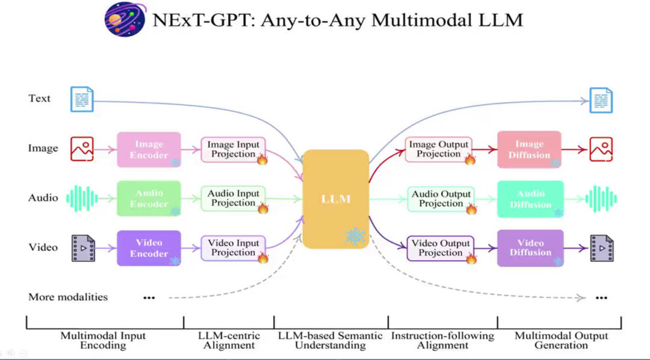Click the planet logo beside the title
(124, 19)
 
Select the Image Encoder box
(149, 149)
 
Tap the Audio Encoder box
(149, 198)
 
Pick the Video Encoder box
(149, 248)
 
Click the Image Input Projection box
(234, 149)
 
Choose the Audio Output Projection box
(441, 199)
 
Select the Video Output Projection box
(441, 248)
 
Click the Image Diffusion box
(530, 149)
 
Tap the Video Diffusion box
(530, 248)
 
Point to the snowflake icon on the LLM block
(355, 236)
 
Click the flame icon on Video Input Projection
(262, 258)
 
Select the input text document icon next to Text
(82, 99)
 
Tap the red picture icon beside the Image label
(82, 149)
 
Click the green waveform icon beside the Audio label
(82, 198)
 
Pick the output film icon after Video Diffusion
(601, 248)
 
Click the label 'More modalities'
(68, 297)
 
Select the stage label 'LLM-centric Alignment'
(229, 340)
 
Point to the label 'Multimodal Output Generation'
(561, 340)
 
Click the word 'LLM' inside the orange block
(336, 199)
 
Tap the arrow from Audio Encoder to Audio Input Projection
(191, 198)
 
